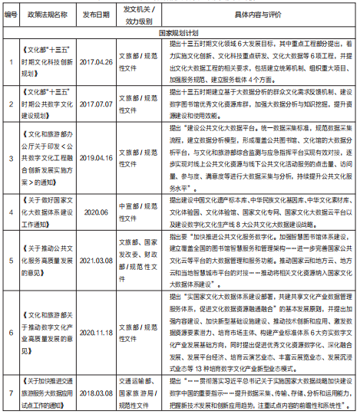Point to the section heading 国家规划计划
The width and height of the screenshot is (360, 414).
click(x=179, y=34)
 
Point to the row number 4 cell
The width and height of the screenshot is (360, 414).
click(x=10, y=207)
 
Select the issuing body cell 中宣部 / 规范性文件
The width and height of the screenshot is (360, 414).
click(x=139, y=207)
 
